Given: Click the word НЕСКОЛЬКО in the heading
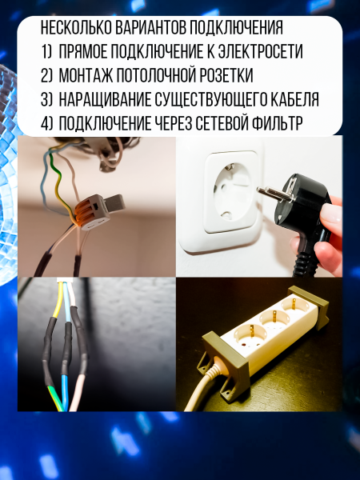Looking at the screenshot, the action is click(76, 28).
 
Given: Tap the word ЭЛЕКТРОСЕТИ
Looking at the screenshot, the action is click(261, 51).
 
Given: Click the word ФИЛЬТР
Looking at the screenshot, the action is click(277, 123).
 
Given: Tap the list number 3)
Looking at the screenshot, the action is click(46, 99).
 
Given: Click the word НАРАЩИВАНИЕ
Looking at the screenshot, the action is click(105, 99).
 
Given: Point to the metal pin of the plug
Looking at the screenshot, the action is click(270, 194).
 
